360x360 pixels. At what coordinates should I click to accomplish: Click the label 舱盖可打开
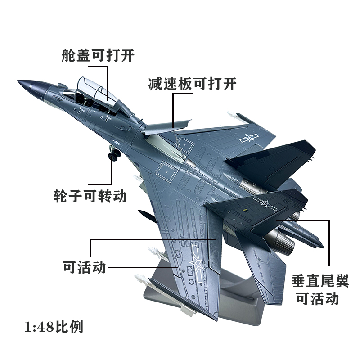98,55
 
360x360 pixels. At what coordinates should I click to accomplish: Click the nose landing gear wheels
114,155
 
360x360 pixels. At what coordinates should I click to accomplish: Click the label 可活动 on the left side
85,267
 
